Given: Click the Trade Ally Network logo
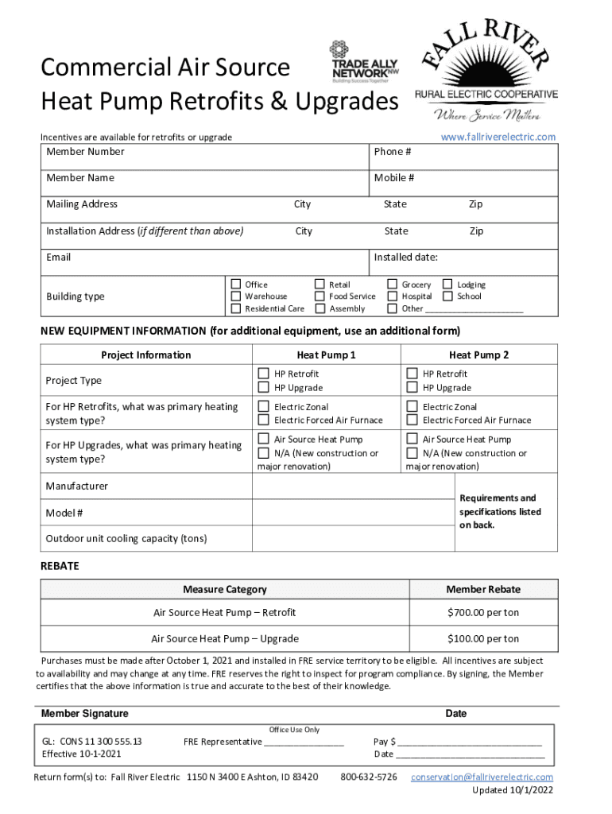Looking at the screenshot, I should tap(365, 62).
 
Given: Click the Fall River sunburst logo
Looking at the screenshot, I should tap(486, 70).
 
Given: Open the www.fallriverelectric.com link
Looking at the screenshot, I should tap(498, 138).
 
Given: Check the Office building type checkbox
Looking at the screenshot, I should tap(236, 284).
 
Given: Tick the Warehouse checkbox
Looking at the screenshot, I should tap(236, 297).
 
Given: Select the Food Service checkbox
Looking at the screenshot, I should tap(320, 297).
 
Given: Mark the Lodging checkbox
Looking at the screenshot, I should tap(447, 284).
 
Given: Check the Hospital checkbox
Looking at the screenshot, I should tap(393, 297).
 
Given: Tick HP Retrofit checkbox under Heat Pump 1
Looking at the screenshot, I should tap(264, 374).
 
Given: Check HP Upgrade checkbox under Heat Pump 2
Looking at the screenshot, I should tap(413, 388).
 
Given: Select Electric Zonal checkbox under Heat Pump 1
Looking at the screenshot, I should tap(264, 406).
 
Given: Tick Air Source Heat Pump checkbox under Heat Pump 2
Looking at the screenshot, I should tap(413, 439).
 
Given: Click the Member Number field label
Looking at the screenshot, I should tap(85, 152).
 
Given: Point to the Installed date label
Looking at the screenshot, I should tap(405, 258).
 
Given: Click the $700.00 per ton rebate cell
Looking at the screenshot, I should tap(482, 613).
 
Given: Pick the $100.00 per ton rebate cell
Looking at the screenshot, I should tap(482, 639).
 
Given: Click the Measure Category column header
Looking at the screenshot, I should tap(224, 590).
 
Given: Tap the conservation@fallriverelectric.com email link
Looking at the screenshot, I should tap(482, 777).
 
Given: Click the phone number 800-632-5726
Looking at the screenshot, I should tap(369, 777).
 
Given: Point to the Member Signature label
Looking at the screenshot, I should tap(84, 714).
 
